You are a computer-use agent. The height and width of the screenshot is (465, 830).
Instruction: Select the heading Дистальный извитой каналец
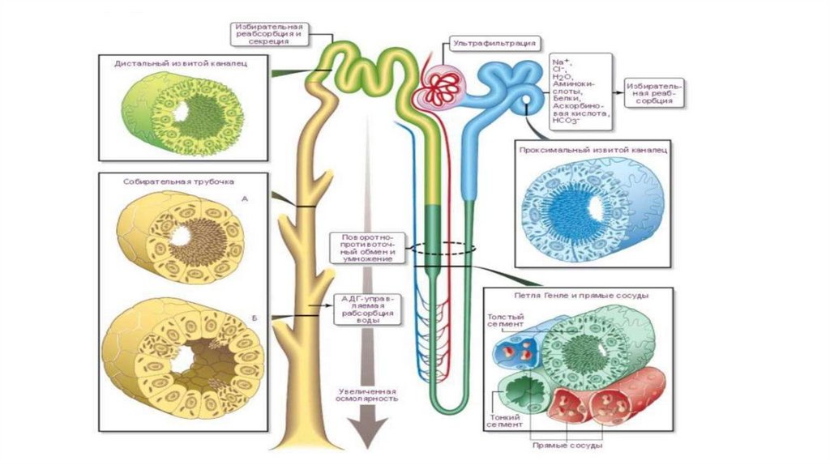click(180, 62)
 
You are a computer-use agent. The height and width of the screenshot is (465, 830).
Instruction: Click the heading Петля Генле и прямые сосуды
click(576, 296)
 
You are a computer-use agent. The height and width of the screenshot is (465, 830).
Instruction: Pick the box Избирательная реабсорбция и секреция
click(271, 32)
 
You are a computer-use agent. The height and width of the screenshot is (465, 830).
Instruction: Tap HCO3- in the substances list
click(566, 121)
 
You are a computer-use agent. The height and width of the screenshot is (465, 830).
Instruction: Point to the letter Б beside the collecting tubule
click(254, 318)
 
